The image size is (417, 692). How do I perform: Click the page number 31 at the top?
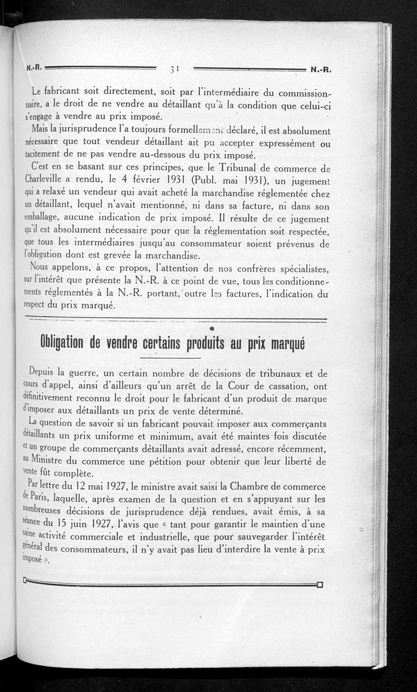(x=175, y=69)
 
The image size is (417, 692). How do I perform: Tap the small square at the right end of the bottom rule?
(x=320, y=584)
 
